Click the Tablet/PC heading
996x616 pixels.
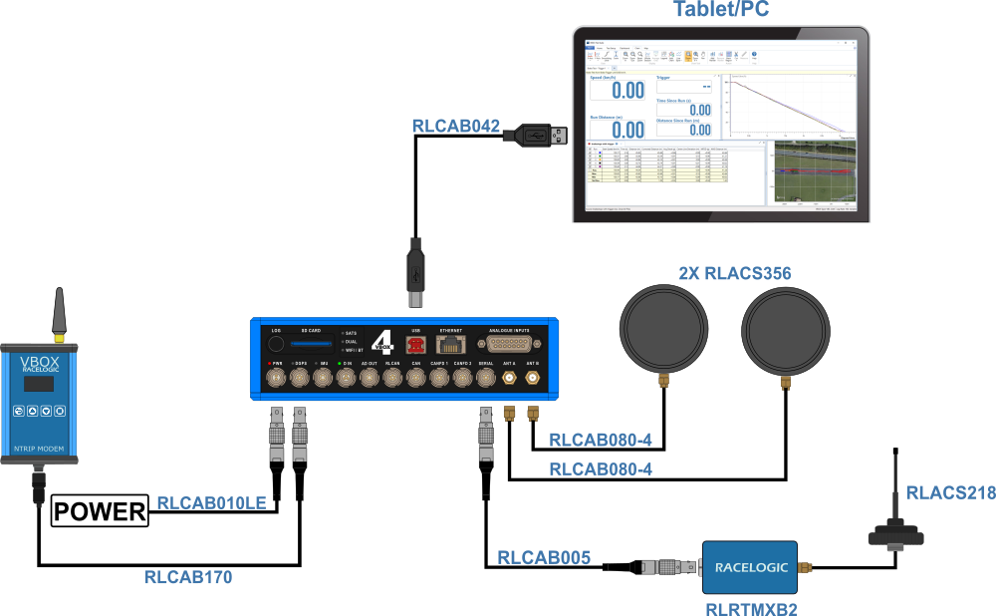720,11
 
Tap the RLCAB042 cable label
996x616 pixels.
456,127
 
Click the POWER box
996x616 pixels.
100,512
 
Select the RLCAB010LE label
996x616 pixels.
212,503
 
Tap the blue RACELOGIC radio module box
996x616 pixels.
750,568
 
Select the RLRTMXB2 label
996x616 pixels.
750,608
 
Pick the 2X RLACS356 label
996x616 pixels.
735,273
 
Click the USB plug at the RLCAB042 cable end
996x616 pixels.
547,133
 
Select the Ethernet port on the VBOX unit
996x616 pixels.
452,345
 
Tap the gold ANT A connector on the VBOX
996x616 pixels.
509,378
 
